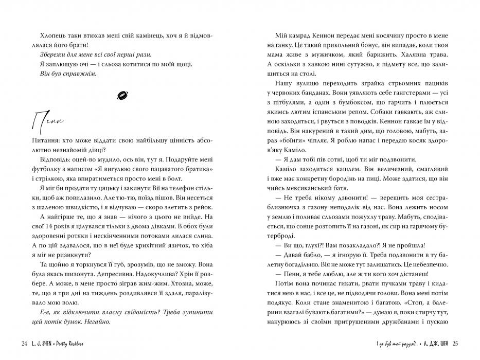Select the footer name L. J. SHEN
(x=42, y=344)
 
